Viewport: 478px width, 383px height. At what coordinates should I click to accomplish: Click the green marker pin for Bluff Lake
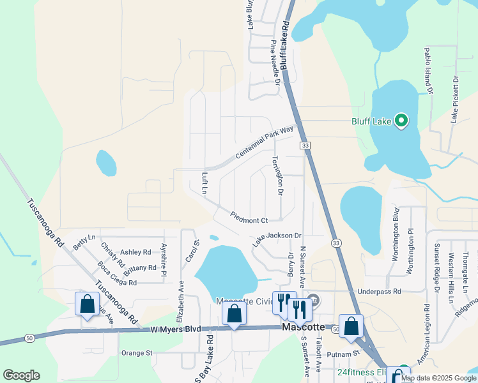coord(401,121)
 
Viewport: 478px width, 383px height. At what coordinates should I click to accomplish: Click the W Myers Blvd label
coord(176,329)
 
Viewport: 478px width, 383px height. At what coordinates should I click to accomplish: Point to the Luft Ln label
coord(205,183)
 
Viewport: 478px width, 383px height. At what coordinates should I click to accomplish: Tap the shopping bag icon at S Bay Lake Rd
coord(235,313)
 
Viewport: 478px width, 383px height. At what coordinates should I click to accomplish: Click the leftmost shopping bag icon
coord(87,304)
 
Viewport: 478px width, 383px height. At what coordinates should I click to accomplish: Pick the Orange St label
coord(137,352)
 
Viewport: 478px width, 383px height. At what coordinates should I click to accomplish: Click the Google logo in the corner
coord(22,375)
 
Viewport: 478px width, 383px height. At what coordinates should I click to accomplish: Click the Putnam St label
coord(347,354)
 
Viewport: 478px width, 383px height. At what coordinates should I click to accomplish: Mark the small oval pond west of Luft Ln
coord(106,163)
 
